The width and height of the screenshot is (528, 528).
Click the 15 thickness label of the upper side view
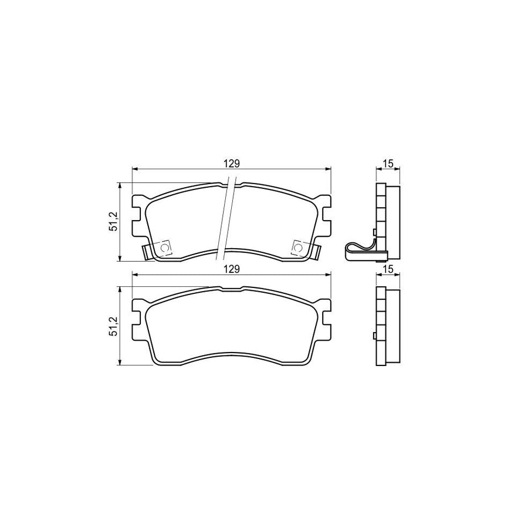click(x=388, y=164)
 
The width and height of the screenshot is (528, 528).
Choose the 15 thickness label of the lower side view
click(x=388, y=269)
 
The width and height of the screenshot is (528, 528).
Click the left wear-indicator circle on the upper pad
click(x=164, y=248)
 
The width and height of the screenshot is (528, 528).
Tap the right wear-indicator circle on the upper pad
click(x=297, y=248)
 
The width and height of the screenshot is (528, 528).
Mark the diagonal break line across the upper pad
click(x=227, y=220)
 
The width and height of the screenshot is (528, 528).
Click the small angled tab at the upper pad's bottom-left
click(x=147, y=252)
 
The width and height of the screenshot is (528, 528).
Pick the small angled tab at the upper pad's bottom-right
click(x=316, y=252)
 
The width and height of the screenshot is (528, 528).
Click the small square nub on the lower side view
click(x=374, y=336)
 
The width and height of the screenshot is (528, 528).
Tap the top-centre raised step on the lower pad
click(x=231, y=287)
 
